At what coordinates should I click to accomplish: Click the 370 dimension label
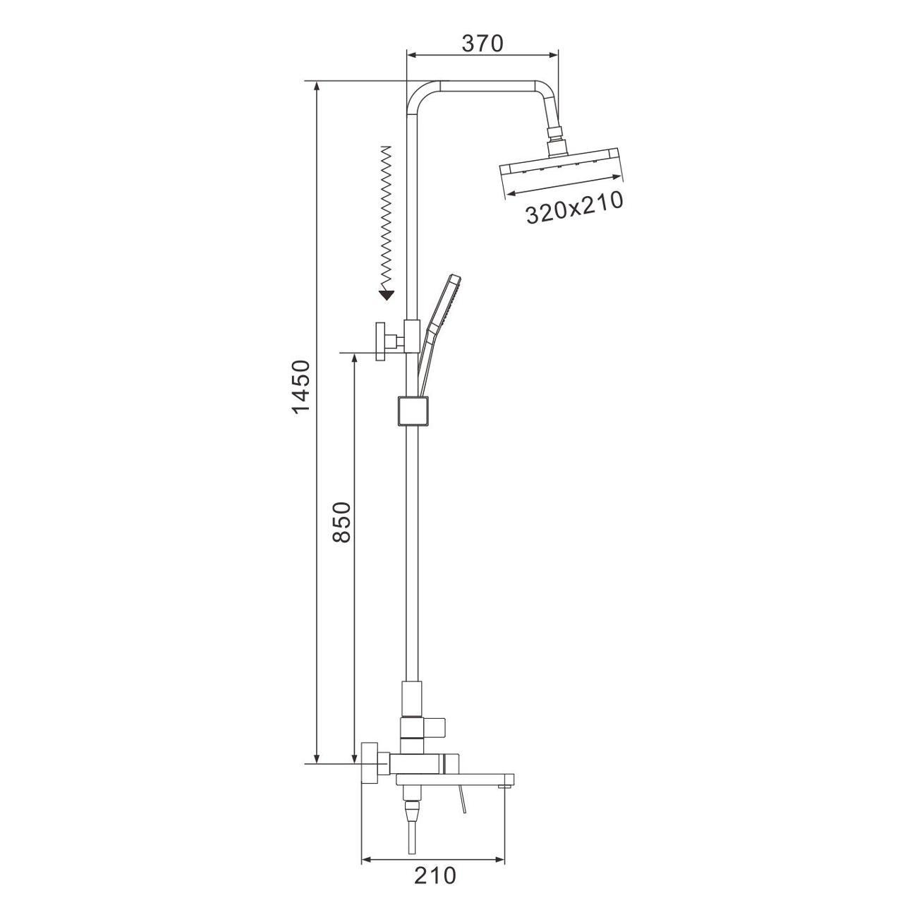482,43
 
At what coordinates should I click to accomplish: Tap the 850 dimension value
341,522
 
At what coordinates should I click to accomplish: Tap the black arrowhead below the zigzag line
387,295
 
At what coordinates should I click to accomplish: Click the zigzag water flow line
387,217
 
